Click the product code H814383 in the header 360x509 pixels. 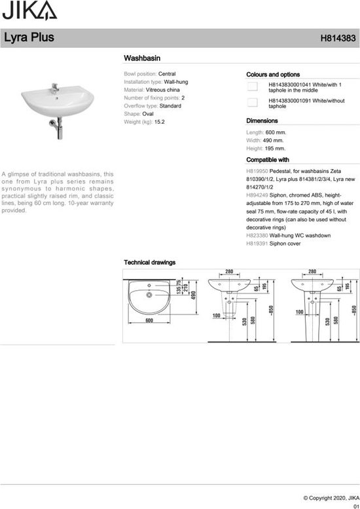(x=338, y=38)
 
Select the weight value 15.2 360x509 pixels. (x=159, y=122)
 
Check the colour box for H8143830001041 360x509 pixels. (x=251, y=86)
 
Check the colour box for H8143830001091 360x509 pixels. (x=251, y=102)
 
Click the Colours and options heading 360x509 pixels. (x=273, y=75)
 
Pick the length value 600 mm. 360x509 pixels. (x=276, y=132)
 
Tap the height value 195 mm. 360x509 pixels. (x=275, y=148)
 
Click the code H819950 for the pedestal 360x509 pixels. (x=256, y=170)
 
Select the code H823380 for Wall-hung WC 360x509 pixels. (x=256, y=235)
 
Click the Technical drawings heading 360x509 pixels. (x=150, y=262)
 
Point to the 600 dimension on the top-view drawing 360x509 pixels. (x=149, y=321)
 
